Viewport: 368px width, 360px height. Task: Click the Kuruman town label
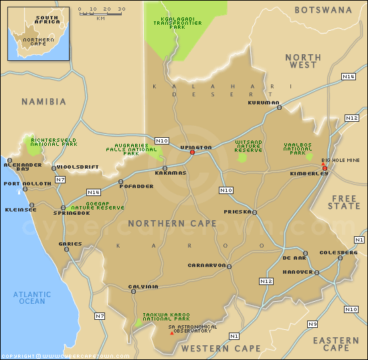click(x=263, y=102)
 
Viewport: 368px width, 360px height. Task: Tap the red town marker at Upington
click(x=192, y=153)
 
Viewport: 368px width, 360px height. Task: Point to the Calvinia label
click(x=143, y=286)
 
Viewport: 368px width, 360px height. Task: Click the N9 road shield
click(x=312, y=324)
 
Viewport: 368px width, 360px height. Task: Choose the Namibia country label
click(x=43, y=102)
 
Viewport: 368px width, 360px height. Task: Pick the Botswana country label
click(x=323, y=10)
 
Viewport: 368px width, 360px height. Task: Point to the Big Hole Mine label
click(x=341, y=161)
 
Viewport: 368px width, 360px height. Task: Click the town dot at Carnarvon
click(x=229, y=266)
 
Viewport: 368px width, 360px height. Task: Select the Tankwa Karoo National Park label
click(x=166, y=317)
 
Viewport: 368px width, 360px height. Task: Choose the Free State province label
click(x=345, y=203)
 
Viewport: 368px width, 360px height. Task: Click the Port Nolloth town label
click(x=27, y=183)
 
